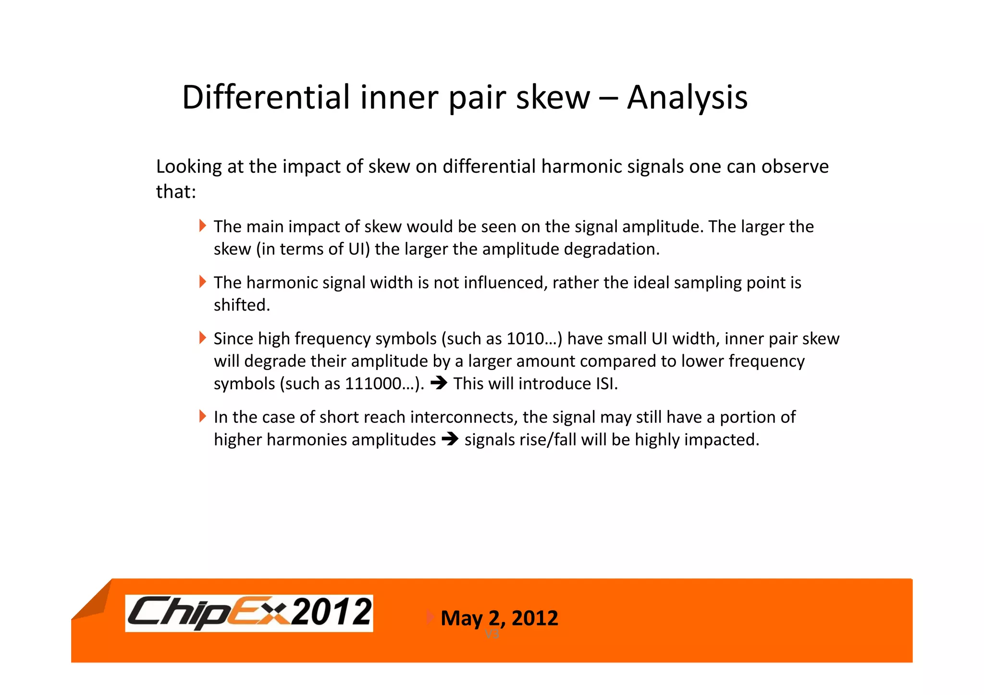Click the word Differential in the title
click(266, 97)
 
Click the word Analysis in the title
click(687, 97)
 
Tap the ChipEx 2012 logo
click(249, 613)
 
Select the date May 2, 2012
click(499, 618)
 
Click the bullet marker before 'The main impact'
click(202, 226)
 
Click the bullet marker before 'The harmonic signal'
click(202, 282)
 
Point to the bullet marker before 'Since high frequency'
click(202, 338)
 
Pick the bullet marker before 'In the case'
click(202, 416)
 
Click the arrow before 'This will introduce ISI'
click(439, 383)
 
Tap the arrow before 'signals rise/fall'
click(450, 439)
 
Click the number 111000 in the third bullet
click(373, 384)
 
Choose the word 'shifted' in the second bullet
click(241, 305)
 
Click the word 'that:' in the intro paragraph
click(176, 192)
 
